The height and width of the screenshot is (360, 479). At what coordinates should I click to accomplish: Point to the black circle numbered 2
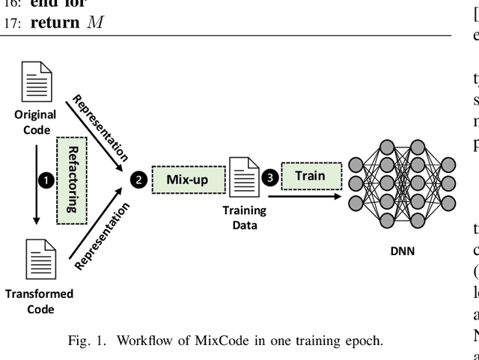(x=138, y=180)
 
